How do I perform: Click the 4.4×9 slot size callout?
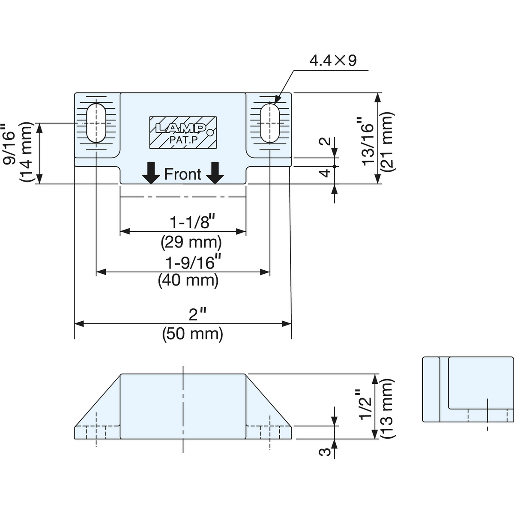pos(333,61)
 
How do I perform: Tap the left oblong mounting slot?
pos(96,123)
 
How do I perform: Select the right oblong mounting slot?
pos(270,123)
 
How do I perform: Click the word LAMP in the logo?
pos(181,128)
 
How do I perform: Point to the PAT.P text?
pos(183,140)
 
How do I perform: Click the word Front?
pos(183,174)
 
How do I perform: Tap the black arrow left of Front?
pos(151,173)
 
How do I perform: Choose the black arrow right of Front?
pos(215,173)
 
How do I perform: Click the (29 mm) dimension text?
pos(191,242)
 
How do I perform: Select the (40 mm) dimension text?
pos(188,281)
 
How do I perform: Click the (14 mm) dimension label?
pos(26,152)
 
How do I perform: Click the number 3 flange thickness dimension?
pos(325,452)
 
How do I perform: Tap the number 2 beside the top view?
pos(325,141)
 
